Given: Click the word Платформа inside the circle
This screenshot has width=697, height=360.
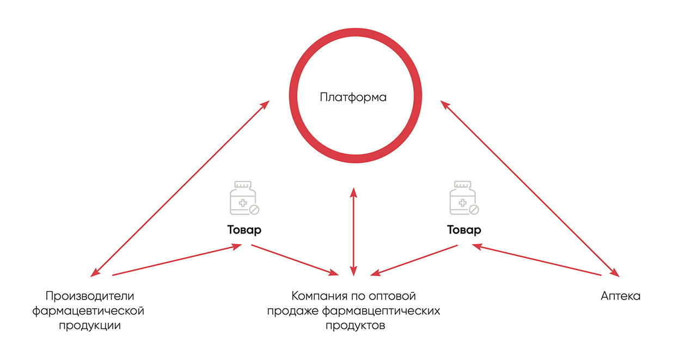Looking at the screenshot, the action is click(353, 97).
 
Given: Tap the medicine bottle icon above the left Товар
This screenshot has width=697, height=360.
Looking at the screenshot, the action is click(244, 198).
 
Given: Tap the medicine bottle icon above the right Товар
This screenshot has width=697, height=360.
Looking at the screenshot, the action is click(464, 198).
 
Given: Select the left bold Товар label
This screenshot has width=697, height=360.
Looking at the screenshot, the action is click(244, 230).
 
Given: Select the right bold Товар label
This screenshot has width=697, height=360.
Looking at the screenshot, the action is click(464, 230).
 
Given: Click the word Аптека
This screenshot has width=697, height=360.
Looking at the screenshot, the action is click(620, 296).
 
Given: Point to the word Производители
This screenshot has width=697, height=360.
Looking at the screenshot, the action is click(90, 296).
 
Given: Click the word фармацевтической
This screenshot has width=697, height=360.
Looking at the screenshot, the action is click(88, 311).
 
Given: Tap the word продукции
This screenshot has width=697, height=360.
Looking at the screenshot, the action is click(90, 326).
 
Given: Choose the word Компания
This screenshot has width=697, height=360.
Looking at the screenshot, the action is click(319, 296).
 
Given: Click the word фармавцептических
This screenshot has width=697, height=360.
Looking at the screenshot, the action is click(381, 311).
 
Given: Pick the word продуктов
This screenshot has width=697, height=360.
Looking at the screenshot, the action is click(356, 326).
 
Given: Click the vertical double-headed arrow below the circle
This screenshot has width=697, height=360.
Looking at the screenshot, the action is click(353, 232).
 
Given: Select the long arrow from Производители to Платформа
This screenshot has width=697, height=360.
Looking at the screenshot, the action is click(180, 188).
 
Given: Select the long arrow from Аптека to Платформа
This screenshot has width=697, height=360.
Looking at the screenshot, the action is click(530, 188).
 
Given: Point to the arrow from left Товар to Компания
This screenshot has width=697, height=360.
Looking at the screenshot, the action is click(295, 260).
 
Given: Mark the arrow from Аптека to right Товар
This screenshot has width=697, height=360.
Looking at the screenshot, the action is click(536, 260).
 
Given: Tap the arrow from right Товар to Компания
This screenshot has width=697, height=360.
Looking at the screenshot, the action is click(414, 260).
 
